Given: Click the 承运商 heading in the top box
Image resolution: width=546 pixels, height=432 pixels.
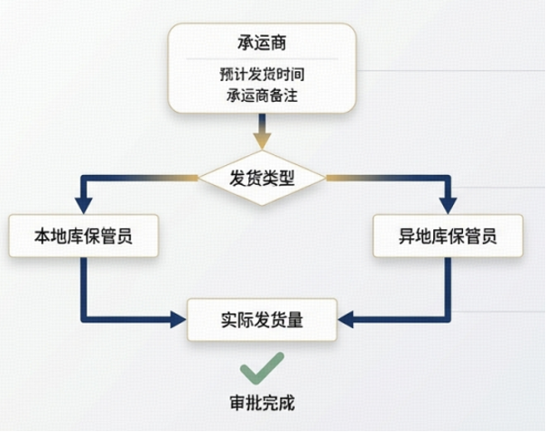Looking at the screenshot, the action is point(262,43).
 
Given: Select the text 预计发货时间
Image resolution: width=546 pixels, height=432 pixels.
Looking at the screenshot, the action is point(262,74).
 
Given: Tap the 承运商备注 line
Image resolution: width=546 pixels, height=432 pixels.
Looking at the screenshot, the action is point(262,95).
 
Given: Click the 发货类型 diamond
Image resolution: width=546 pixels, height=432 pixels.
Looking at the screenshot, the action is point(262,178).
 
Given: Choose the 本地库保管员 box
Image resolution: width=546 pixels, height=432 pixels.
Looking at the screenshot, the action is point(84,235).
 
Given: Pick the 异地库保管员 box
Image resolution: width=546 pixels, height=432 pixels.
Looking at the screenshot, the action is point(448,235).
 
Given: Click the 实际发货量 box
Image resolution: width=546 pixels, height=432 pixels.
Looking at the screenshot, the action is point(263,319).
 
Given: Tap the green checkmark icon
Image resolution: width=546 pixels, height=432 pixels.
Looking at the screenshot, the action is point(263,368).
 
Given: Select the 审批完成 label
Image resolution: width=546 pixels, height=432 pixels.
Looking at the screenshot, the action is point(263,403).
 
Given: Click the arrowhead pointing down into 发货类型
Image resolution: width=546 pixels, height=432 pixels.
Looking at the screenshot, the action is point(262,141).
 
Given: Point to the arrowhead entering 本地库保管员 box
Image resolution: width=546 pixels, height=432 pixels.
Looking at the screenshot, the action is point(84,206).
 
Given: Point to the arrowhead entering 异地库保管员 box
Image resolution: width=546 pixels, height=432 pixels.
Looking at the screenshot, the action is point(448,206).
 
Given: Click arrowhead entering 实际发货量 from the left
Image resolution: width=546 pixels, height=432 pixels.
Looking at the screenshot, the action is point(179,319).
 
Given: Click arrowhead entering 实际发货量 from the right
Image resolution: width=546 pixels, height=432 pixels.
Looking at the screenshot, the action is point(346,319).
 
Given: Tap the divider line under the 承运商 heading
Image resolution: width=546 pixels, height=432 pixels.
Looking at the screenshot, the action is point(262,59).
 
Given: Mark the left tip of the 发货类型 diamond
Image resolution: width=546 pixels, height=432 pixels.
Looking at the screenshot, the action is point(199,178).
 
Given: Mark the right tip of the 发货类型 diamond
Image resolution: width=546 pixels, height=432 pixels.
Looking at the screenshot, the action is point(326,178).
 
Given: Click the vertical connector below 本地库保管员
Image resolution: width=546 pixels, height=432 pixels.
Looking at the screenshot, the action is point(84,288).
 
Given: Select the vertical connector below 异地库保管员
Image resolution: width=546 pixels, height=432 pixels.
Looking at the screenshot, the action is point(448,288).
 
